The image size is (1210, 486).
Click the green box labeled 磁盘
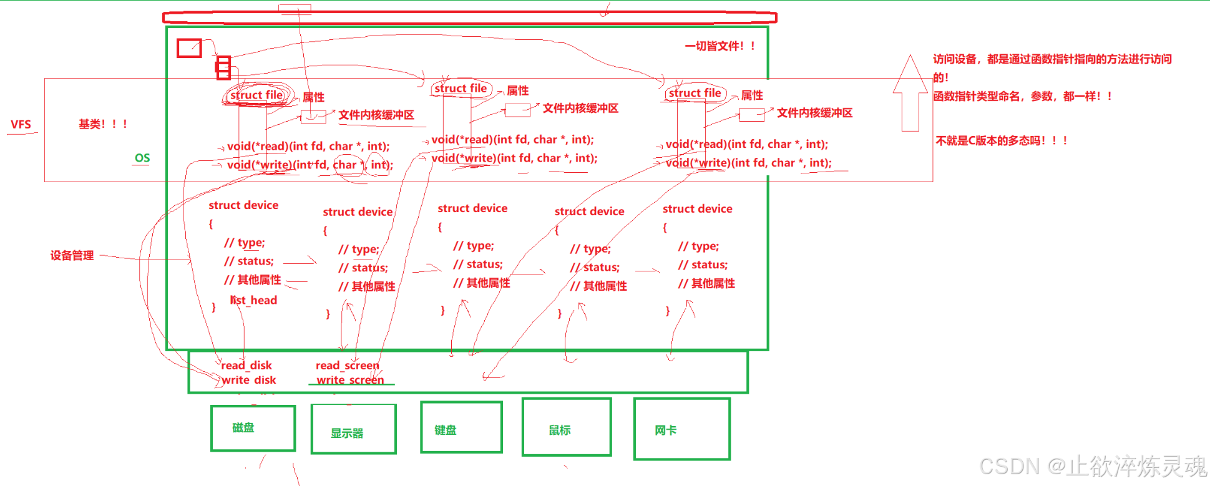pyautogui.click(x=253, y=428)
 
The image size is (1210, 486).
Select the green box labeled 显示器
pyautogui.click(x=353, y=429)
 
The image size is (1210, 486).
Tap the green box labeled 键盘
pyautogui.click(x=461, y=427)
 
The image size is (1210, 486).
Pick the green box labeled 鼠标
pyautogui.click(x=566, y=427)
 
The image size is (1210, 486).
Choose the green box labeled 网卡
pyautogui.click(x=681, y=429)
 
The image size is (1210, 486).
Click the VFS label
pyautogui.click(x=21, y=124)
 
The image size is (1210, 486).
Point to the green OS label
pyautogui.click(x=142, y=158)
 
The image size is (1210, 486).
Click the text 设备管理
pyautogui.click(x=72, y=255)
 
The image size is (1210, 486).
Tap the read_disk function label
pyautogui.click(x=246, y=366)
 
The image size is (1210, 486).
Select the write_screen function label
pyautogui.click(x=350, y=380)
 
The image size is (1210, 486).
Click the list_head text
pyautogui.click(x=254, y=300)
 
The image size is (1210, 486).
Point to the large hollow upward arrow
pyautogui.click(x=910, y=94)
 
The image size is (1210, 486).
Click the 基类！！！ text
pyautogui.click(x=103, y=124)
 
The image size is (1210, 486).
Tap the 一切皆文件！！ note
pyautogui.click(x=720, y=46)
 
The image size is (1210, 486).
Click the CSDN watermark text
pyautogui.click(x=1092, y=466)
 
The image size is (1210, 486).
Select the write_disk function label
pyautogui.click(x=248, y=380)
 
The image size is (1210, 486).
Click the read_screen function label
pyautogui.click(x=347, y=366)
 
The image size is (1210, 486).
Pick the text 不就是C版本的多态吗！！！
pyautogui.click(x=1001, y=140)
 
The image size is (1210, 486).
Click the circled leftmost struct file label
pyautogui.click(x=256, y=95)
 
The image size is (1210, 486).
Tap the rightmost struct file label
pyautogui.click(x=695, y=93)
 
